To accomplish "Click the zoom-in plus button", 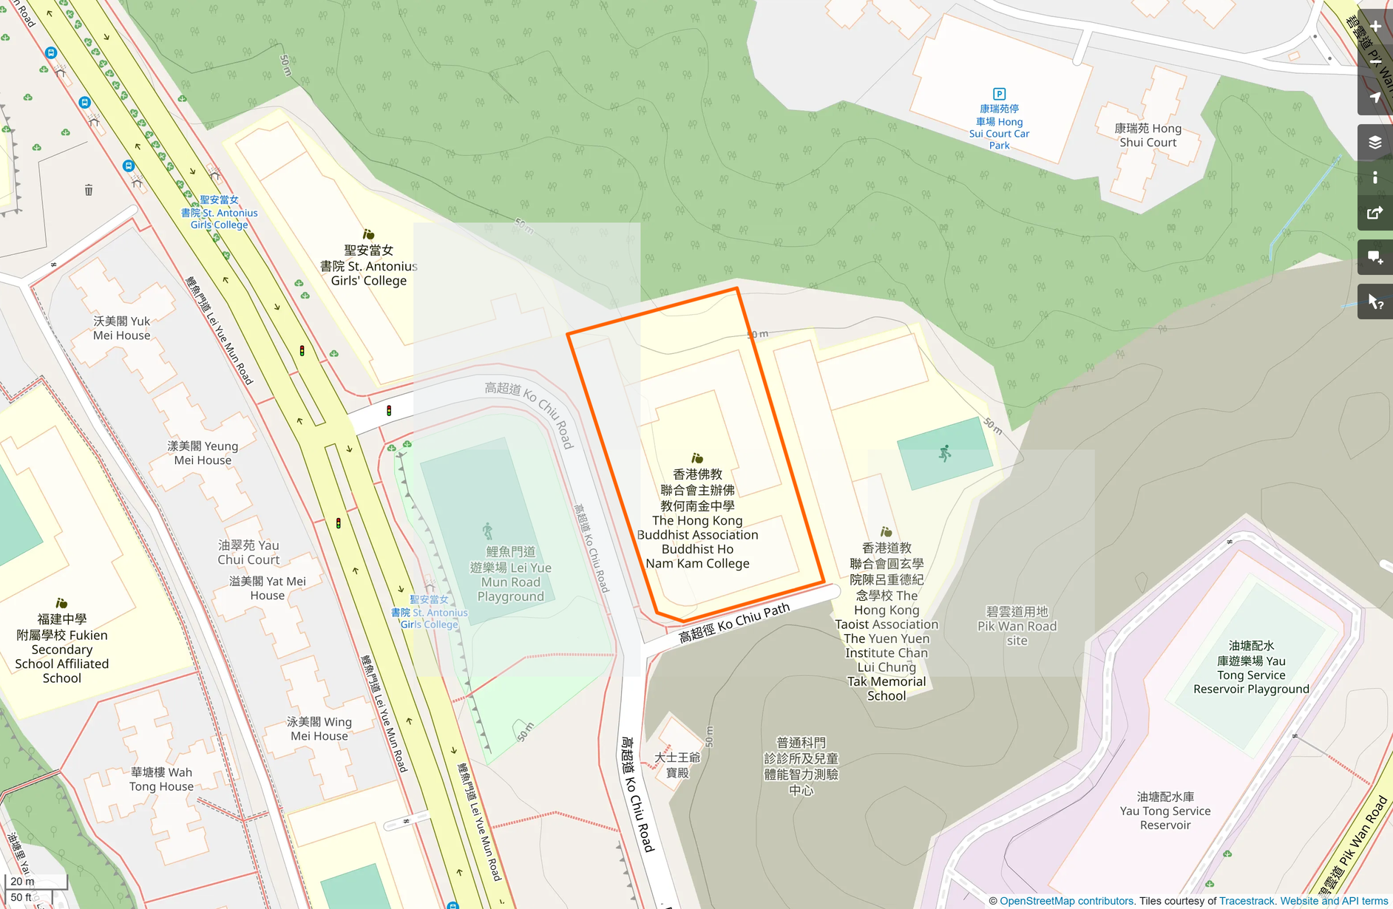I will pyautogui.click(x=1375, y=27).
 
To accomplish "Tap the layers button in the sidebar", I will pyautogui.click(x=1375, y=143).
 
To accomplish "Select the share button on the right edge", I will pyautogui.click(x=1375, y=214).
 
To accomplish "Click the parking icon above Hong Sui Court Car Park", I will pyautogui.click(x=999, y=94).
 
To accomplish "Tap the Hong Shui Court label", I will pyautogui.click(x=1148, y=135).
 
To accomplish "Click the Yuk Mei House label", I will pyautogui.click(x=122, y=328).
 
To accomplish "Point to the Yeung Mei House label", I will pyautogui.click(x=203, y=453).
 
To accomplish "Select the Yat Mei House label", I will pyautogui.click(x=267, y=588).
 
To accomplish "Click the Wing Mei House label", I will pyautogui.click(x=319, y=729).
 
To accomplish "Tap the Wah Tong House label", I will pyautogui.click(x=161, y=779).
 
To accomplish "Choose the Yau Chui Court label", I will pyautogui.click(x=248, y=552).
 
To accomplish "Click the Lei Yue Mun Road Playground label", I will pyautogui.click(x=510, y=574).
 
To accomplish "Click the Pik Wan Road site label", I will pyautogui.click(x=1017, y=626).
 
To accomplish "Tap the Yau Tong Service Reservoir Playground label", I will pyautogui.click(x=1251, y=667).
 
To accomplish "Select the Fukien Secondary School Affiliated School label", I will pyautogui.click(x=62, y=649).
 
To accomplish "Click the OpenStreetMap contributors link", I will pyautogui.click(x=1066, y=901).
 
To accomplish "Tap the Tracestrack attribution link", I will pyautogui.click(x=1247, y=901).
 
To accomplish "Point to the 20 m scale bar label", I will pyautogui.click(x=22, y=881).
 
